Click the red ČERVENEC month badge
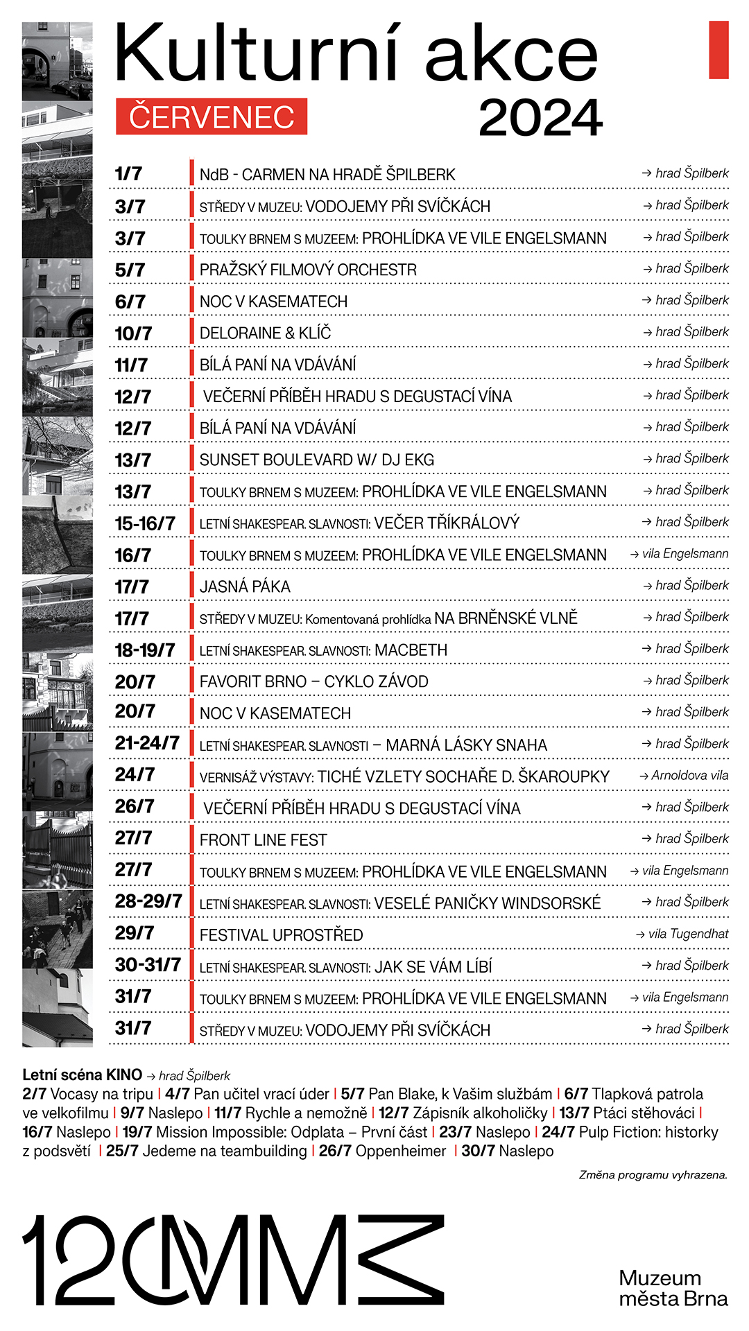212,116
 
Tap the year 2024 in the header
540,118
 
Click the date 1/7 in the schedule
128,173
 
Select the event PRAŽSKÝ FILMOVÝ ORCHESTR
308,270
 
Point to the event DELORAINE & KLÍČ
265,333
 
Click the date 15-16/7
145,523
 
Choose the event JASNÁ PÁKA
245,587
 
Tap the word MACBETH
411,650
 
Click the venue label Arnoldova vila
689,776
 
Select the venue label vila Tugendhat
688,934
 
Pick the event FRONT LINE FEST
263,840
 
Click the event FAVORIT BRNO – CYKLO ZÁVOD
313,682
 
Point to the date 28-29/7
148,901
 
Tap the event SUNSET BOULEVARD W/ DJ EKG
316,460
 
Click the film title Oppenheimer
401,1151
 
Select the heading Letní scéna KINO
82,1075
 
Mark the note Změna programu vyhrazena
653,1175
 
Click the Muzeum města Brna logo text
673,1288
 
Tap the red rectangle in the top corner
718,50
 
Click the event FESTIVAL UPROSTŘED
281,935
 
